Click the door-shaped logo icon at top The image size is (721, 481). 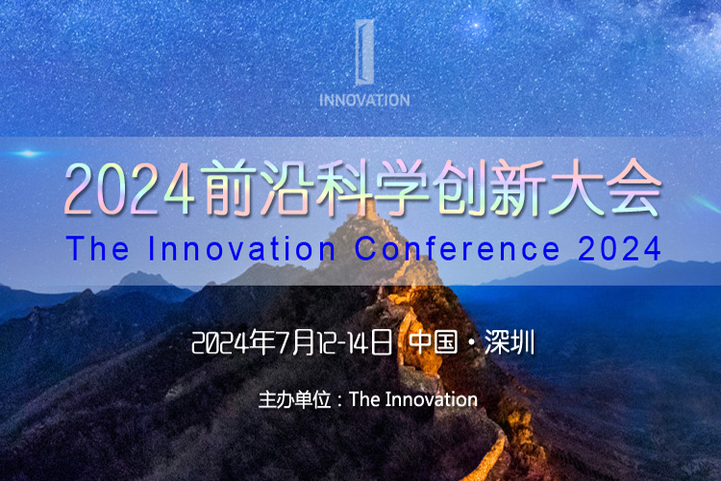tap(364, 52)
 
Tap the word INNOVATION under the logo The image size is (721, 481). tap(364, 100)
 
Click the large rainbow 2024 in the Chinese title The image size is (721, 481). tap(129, 190)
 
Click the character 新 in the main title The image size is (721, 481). tap(518, 188)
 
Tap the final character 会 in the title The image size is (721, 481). tap(634, 188)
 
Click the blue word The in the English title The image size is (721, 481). tap(97, 248)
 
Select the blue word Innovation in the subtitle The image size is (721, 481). tap(242, 248)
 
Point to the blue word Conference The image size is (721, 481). tap(457, 248)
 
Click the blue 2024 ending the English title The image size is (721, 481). tap(619, 248)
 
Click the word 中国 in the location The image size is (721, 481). tap(434, 342)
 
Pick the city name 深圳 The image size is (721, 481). tap(510, 342)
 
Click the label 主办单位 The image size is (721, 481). tap(295, 399)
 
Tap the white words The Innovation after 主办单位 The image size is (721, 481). tap(413, 399)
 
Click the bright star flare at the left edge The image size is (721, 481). tap(29, 153)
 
